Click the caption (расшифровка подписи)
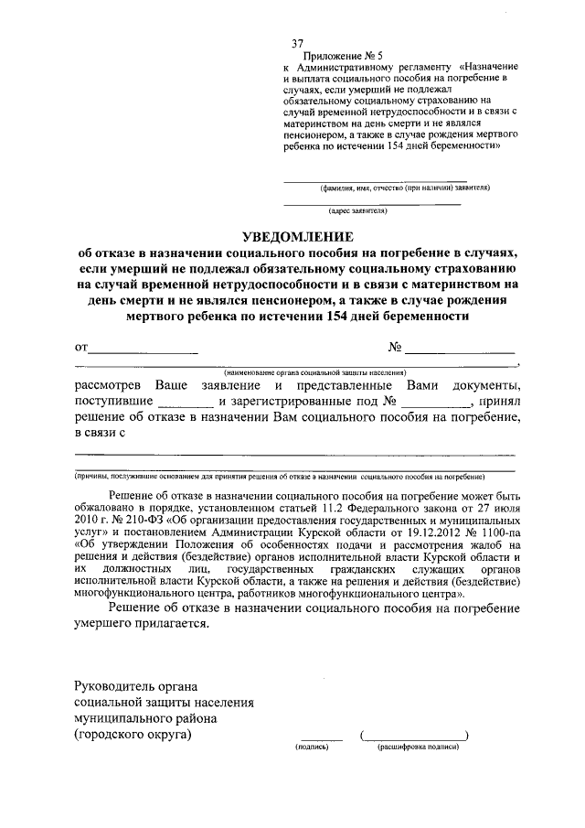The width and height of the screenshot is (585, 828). click(418, 747)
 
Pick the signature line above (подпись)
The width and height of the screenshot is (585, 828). click(321, 737)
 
